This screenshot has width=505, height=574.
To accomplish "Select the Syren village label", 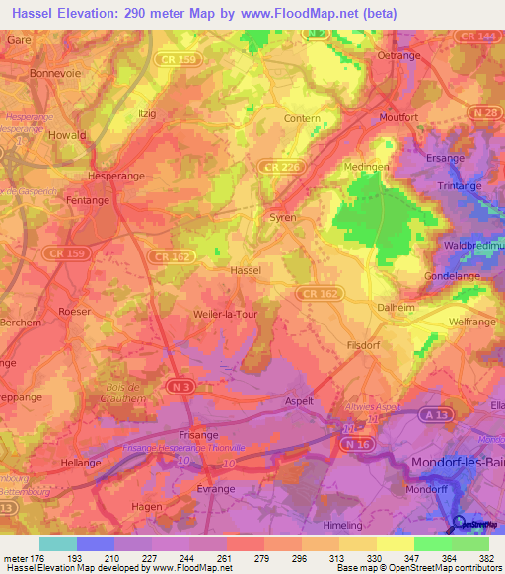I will tap(283, 217).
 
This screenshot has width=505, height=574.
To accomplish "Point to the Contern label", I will tap(302, 118).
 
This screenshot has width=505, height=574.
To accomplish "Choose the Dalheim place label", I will tap(397, 307).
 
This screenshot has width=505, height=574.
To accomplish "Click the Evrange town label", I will tap(216, 488).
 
